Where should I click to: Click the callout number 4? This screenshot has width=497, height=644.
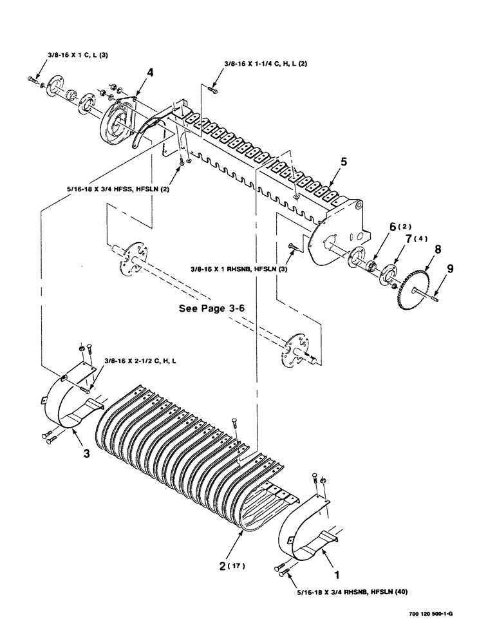(x=149, y=73)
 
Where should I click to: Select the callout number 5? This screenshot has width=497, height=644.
(x=343, y=163)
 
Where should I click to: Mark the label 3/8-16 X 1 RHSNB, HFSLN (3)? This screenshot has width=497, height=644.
(x=238, y=271)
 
